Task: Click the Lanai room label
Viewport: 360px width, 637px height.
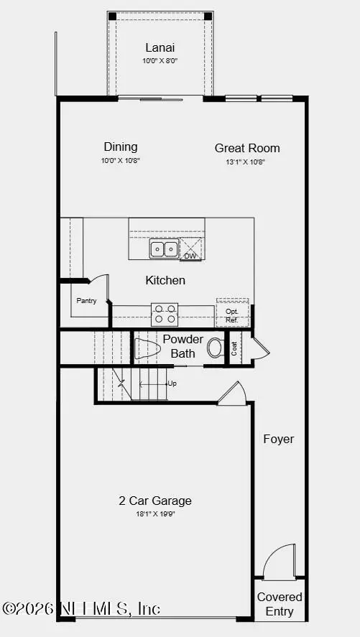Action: click(160, 47)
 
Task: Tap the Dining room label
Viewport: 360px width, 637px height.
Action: click(120, 147)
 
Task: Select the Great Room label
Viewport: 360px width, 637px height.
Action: click(247, 148)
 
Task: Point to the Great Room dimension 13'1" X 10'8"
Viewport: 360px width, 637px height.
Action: click(247, 162)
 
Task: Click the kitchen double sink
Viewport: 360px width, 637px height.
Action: click(164, 249)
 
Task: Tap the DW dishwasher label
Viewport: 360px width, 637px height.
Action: click(190, 256)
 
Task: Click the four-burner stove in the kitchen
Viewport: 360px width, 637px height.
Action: click(165, 314)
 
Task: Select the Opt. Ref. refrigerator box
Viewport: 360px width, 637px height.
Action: click(233, 315)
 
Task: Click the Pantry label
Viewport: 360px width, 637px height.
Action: click(86, 301)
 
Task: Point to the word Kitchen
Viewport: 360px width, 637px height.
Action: click(165, 280)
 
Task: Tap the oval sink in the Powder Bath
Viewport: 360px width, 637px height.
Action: click(216, 348)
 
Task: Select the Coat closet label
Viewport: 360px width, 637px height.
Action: click(234, 348)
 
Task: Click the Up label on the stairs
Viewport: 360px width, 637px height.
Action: click(172, 383)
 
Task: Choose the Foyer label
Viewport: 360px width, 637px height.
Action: click(278, 439)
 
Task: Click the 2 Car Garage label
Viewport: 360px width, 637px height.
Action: click(155, 501)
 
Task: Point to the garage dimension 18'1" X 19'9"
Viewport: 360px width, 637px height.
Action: click(155, 513)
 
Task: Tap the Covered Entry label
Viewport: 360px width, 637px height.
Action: click(280, 604)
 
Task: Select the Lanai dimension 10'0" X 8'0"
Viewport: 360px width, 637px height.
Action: click(160, 61)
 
